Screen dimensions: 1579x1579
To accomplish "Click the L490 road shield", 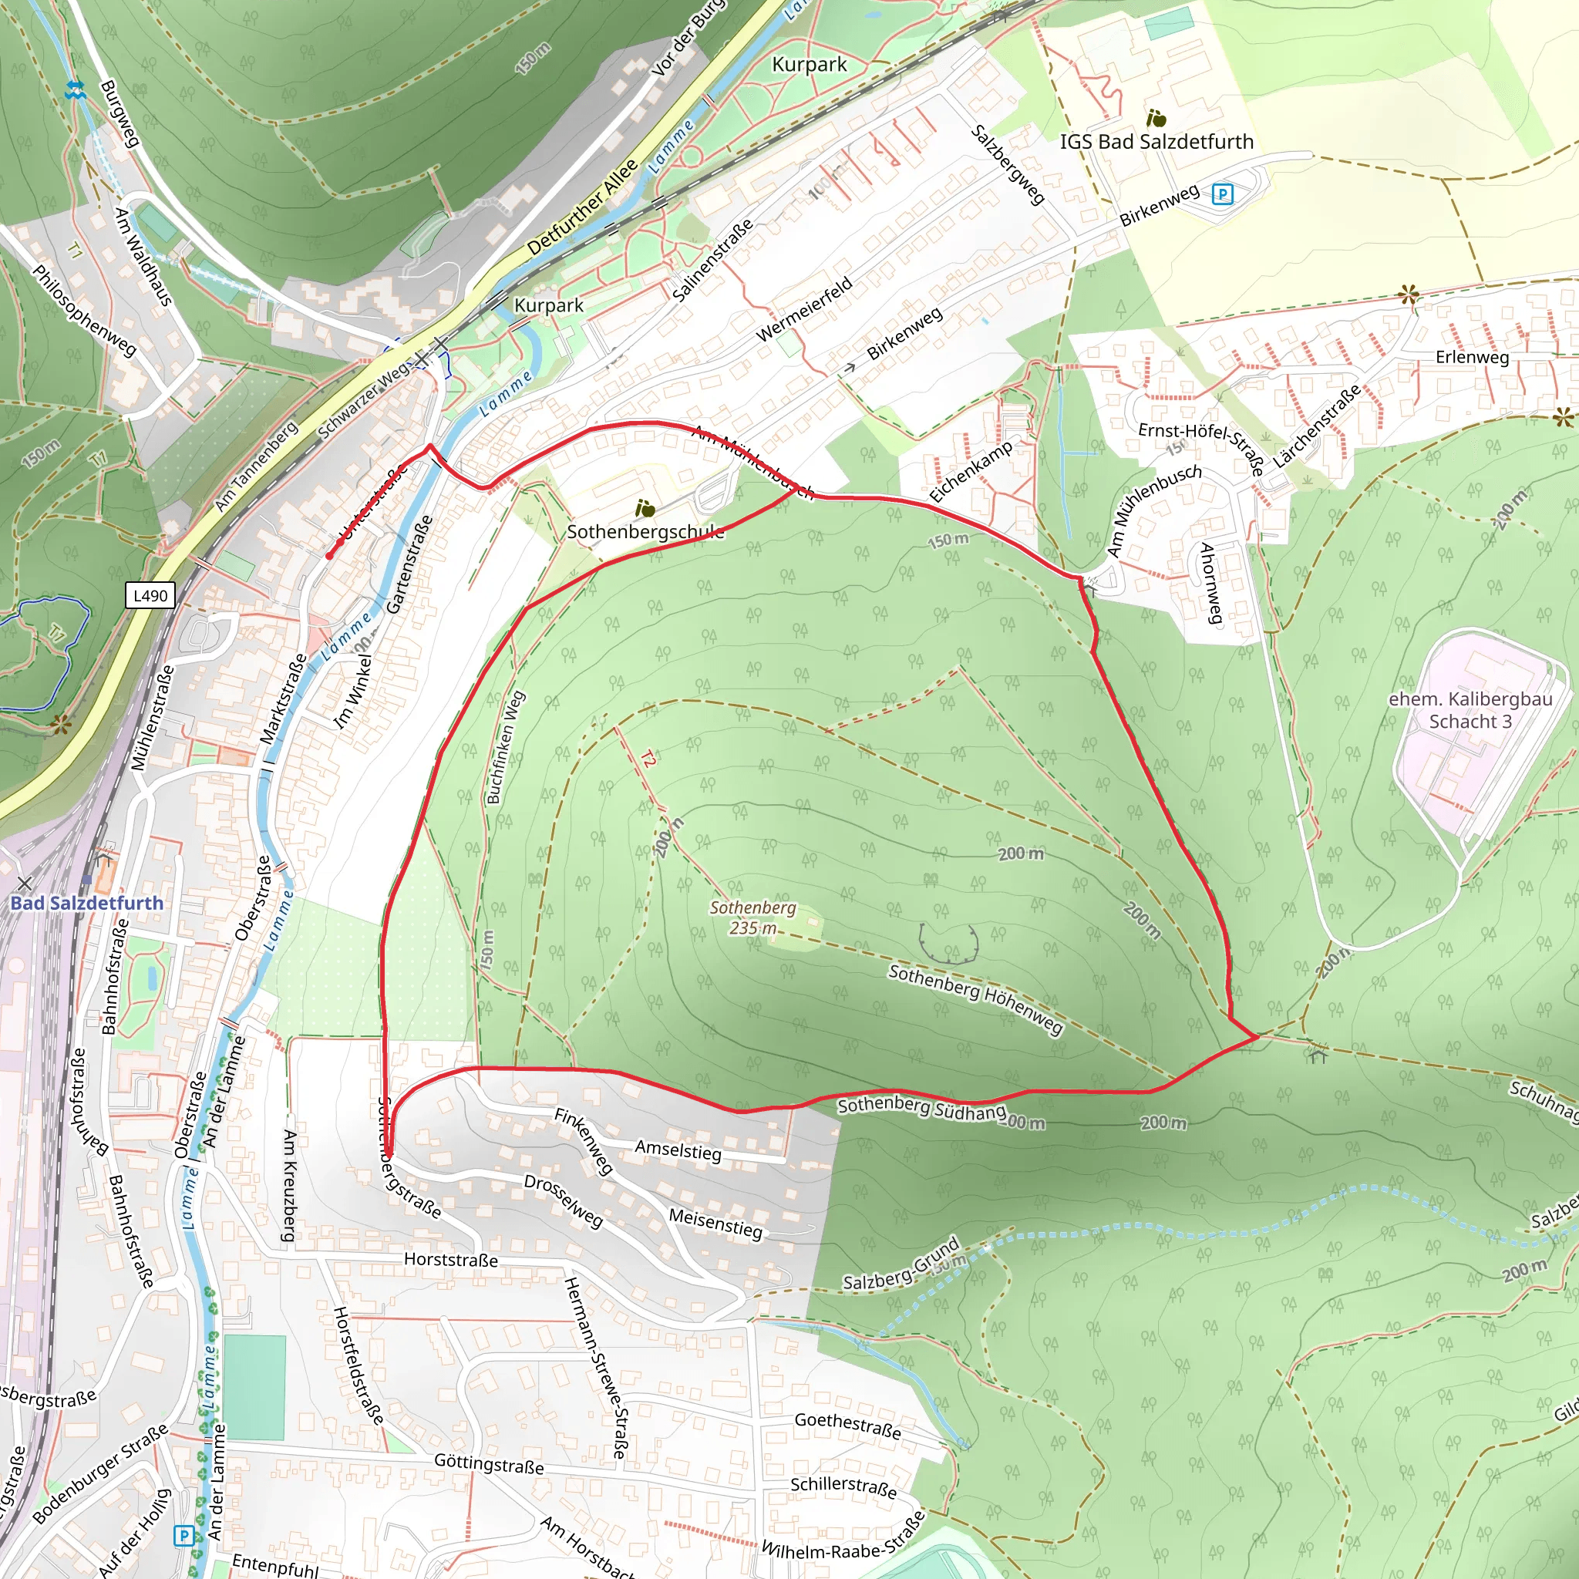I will pyautogui.click(x=151, y=596).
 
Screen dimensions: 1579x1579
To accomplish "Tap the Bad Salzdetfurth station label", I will pyautogui.click(x=86, y=903).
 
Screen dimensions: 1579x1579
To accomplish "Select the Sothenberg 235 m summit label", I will pyautogui.click(x=752, y=917).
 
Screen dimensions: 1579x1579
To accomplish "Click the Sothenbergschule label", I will pyautogui.click(x=645, y=532).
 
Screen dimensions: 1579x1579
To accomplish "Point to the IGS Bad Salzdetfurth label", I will pyautogui.click(x=1156, y=142).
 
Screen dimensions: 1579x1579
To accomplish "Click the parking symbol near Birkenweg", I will pyautogui.click(x=1222, y=194).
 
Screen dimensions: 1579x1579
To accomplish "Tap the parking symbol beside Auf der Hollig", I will pyautogui.click(x=184, y=1536).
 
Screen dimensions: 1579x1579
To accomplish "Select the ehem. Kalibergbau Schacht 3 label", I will pyautogui.click(x=1470, y=710).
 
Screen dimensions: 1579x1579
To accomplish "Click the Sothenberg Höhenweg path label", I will pyautogui.click(x=976, y=999).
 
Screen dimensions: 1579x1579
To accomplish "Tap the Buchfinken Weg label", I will pyautogui.click(x=505, y=748).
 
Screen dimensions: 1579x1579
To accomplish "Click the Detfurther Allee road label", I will pyautogui.click(x=582, y=207).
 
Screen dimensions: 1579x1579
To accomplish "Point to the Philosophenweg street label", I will pyautogui.click(x=84, y=311).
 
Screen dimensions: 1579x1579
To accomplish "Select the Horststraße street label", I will pyautogui.click(x=450, y=1260).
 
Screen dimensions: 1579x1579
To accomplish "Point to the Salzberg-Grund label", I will pyautogui.click(x=901, y=1264).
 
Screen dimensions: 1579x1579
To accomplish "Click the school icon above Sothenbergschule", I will pyautogui.click(x=645, y=509).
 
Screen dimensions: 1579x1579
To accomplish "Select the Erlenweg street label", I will pyautogui.click(x=1472, y=357).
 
